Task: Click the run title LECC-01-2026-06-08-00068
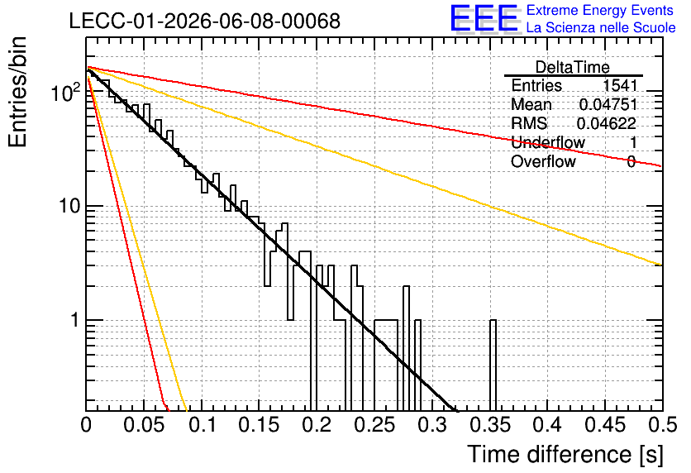[205, 21]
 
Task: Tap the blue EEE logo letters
[484, 18]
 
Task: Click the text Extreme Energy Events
[600, 10]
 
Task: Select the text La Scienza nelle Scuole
[601, 27]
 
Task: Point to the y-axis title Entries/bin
[18, 92]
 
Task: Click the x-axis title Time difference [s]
[565, 454]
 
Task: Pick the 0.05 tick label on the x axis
[144, 425]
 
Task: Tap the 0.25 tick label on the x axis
[374, 425]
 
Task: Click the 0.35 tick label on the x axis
[489, 425]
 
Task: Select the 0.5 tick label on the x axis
[663, 425]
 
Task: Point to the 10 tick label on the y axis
[69, 206]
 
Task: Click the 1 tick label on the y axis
[75, 320]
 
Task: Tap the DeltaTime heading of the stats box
[573, 67]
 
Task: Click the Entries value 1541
[620, 85]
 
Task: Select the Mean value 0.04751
[608, 104]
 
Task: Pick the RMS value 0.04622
[607, 123]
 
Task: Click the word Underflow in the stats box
[548, 142]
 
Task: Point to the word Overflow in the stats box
[543, 161]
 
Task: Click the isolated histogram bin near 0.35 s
[493, 365]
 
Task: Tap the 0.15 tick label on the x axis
[260, 425]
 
